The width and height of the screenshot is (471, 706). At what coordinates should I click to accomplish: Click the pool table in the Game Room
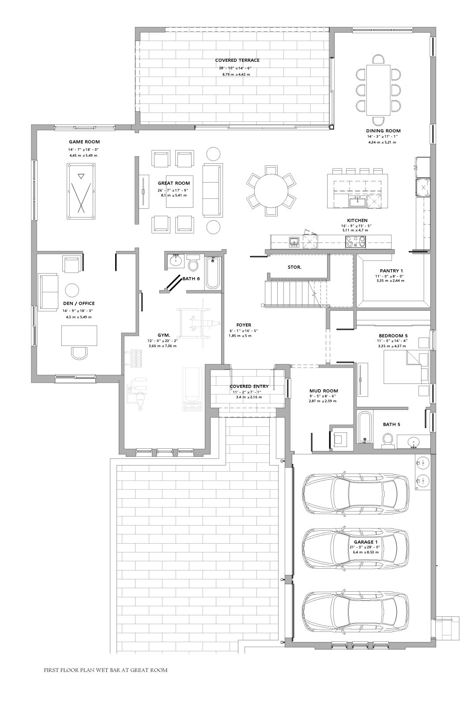coord(81,192)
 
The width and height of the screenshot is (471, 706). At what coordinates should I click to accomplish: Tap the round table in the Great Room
coord(271,191)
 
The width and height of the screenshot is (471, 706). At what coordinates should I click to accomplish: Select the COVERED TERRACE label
coord(237,60)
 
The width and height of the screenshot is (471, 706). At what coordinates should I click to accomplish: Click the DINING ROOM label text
coord(383,131)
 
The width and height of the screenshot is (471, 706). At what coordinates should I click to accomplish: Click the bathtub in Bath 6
coord(212,273)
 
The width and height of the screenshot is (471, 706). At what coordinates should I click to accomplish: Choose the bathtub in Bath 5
coord(365,427)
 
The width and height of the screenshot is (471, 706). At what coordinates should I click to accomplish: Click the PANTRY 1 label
coord(391,271)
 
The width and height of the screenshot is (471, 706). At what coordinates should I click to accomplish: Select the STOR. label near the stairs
coord(294,267)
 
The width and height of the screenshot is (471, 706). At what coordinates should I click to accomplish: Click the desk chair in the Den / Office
coord(79,353)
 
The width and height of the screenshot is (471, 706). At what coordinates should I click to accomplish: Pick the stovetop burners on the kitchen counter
coord(356,242)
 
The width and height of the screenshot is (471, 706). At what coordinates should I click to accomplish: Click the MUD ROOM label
coord(324,391)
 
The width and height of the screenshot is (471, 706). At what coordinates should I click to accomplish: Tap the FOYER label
coord(244,325)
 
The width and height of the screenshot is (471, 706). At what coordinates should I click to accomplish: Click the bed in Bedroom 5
coord(406,367)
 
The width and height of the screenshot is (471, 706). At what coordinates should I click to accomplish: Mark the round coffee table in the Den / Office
coord(72,290)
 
